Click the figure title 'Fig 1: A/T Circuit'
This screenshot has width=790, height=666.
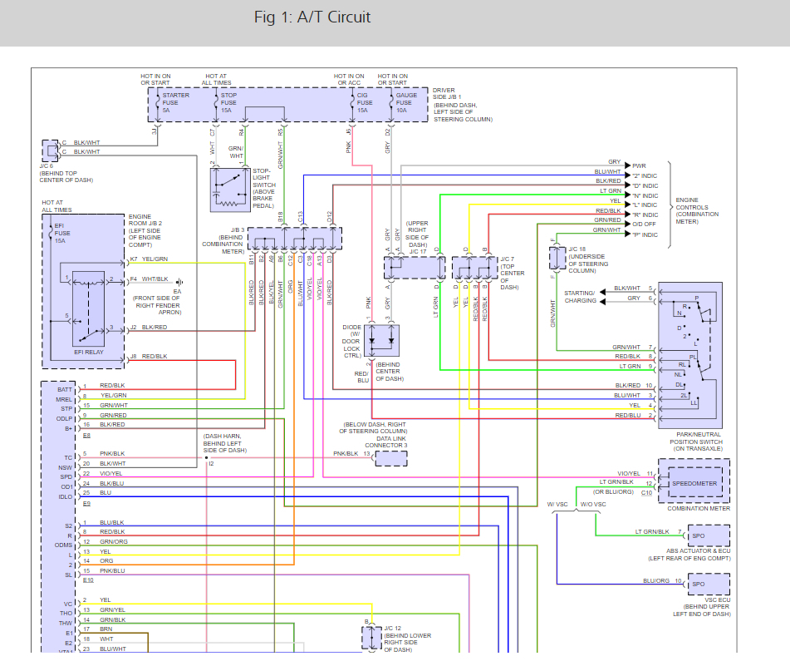click(312, 17)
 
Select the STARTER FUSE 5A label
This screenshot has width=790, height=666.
click(175, 102)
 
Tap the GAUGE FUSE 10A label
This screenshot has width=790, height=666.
click(406, 102)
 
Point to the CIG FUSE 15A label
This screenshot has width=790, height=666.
click(365, 102)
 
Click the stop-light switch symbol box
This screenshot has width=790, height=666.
click(230, 190)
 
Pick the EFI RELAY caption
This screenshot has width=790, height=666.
click(89, 352)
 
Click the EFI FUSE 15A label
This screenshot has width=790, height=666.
click(62, 233)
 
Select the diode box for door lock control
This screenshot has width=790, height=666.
click(382, 341)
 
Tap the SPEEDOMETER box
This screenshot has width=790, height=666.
click(694, 483)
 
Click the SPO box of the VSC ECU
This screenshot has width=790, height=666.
click(709, 584)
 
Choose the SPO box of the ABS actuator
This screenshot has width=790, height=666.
click(709, 535)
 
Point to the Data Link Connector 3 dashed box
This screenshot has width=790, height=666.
click(391, 458)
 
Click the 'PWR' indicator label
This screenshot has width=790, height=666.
click(639, 165)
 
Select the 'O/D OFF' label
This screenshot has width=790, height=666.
click(644, 224)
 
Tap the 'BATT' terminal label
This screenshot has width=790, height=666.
click(65, 389)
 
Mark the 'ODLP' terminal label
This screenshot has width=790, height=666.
click(64, 418)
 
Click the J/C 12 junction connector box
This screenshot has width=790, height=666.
click(372, 637)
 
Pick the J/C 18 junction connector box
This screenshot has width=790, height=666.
click(557, 258)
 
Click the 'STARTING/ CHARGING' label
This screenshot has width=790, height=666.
click(580, 297)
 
